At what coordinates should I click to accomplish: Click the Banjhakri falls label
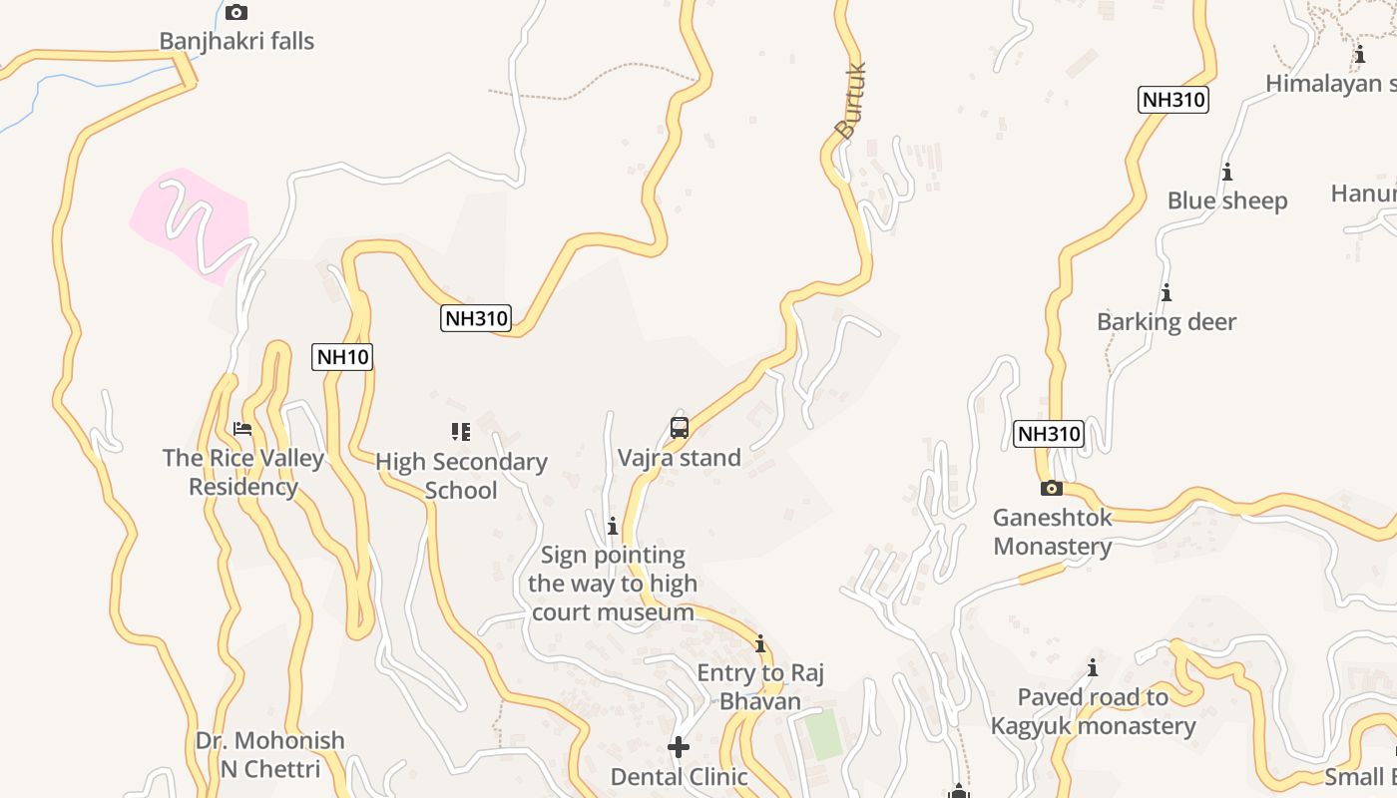coord(236,41)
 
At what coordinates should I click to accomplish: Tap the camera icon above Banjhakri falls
coord(236,13)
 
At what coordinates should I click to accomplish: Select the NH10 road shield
coord(342,357)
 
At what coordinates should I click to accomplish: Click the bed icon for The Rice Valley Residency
coord(242,429)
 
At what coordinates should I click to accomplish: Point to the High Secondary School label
coord(461,476)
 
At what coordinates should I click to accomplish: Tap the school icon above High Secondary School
coord(461,432)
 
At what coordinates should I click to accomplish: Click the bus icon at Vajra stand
coord(680,428)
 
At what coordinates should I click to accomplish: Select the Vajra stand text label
coord(680,458)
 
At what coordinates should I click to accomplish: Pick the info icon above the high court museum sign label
coord(613,526)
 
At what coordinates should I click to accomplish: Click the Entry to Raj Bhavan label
coord(760,687)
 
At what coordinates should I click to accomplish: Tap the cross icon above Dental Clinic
coord(679,747)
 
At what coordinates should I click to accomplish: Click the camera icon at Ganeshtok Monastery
coord(1051,488)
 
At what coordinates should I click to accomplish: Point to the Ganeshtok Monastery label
coord(1052,532)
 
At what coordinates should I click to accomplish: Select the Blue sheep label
coord(1227,200)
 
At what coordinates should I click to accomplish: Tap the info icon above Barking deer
coord(1165,293)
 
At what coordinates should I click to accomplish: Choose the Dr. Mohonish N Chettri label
coord(269,754)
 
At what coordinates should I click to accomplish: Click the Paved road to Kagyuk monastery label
coord(1093,711)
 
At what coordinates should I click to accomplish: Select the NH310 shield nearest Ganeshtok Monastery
coord(1048,434)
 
